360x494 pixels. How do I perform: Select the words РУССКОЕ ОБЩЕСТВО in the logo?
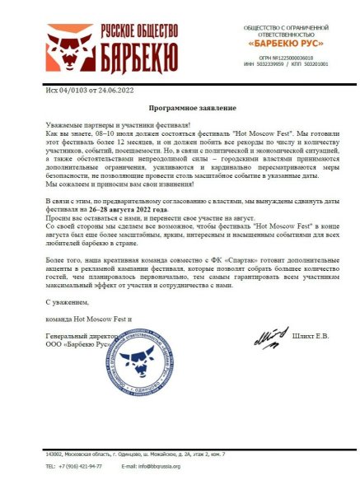(139, 30)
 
